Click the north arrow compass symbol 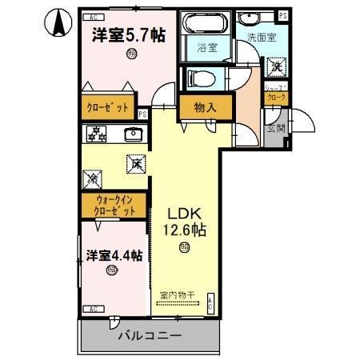point(58,23)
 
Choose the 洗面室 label point(261,37)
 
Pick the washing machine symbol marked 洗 point(276,68)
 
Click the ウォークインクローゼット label point(111,206)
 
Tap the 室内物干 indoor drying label point(178,295)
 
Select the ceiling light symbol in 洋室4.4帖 point(111,270)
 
